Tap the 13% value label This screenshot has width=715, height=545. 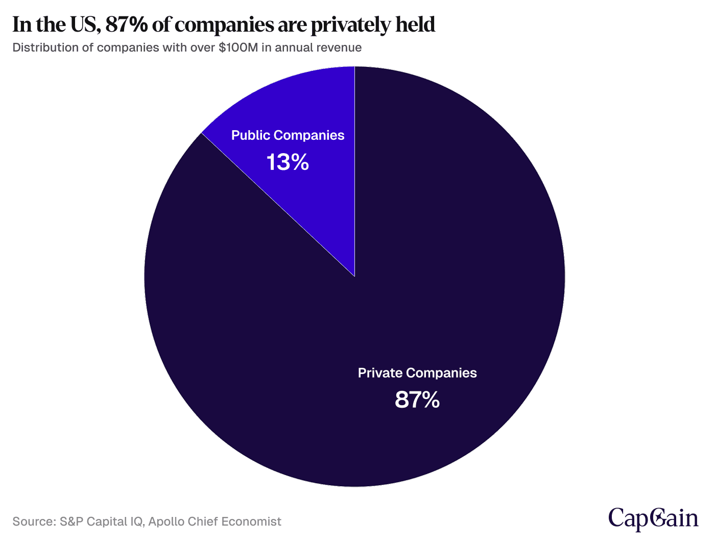(x=288, y=163)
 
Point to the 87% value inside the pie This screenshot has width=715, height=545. (x=417, y=400)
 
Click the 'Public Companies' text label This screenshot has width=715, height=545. (x=288, y=135)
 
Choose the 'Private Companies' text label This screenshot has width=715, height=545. (x=417, y=373)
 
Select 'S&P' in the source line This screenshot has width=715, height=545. (x=70, y=522)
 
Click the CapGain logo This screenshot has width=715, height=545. (x=653, y=518)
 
